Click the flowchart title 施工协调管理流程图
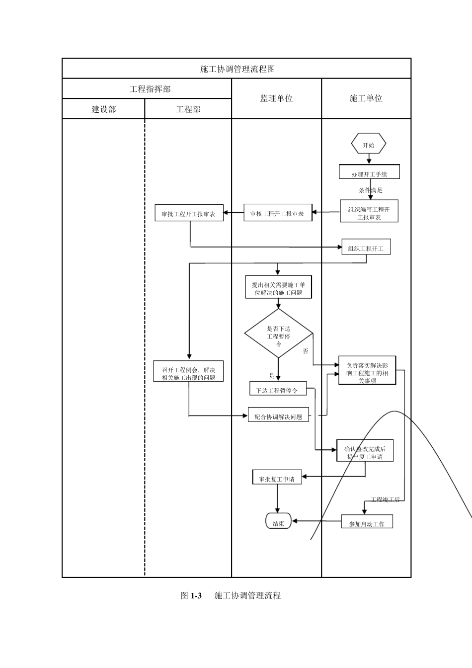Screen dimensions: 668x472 point(237,69)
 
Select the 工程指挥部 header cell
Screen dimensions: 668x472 point(150,89)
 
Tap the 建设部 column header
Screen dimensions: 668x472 point(103,109)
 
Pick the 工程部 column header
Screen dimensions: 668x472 point(188,109)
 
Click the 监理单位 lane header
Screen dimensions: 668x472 point(276,98)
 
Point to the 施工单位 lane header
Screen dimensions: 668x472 point(366,98)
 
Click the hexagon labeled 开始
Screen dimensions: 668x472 point(369,145)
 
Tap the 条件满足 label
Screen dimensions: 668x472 point(371,190)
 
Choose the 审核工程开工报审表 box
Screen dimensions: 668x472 point(277,213)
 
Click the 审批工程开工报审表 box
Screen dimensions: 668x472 point(189,214)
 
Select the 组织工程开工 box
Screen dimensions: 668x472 point(366,248)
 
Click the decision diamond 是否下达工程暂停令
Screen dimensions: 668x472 point(278,334)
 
